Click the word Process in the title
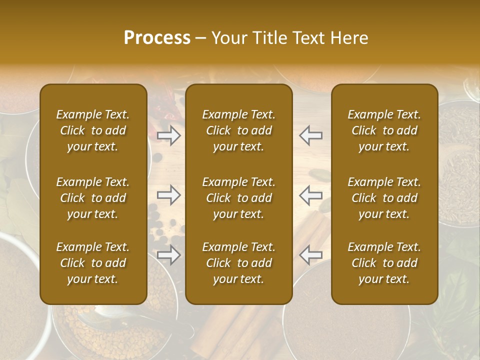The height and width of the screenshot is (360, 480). tap(157, 38)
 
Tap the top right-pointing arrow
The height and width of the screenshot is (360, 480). tap(169, 135)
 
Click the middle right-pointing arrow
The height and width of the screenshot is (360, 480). tap(169, 195)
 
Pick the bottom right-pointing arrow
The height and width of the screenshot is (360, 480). tap(169, 255)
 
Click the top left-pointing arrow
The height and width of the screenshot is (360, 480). tap(311, 135)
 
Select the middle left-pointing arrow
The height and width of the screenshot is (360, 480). tap(311, 195)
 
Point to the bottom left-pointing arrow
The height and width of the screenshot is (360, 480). tap(311, 255)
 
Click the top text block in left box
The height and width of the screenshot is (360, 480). tap(93, 130)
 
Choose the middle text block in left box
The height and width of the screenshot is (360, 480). tap(93, 198)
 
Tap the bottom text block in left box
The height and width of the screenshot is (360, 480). tap(93, 263)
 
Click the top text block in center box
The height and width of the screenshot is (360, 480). tap(239, 130)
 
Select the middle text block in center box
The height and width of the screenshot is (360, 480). tap(239, 198)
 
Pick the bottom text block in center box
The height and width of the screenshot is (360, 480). tap(239, 263)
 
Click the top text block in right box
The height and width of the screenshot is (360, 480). tap(384, 130)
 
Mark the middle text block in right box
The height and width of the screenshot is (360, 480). tap(384, 198)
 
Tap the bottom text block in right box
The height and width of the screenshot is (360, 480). tap(384, 263)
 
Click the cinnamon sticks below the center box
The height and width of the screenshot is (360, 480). tap(240, 330)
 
